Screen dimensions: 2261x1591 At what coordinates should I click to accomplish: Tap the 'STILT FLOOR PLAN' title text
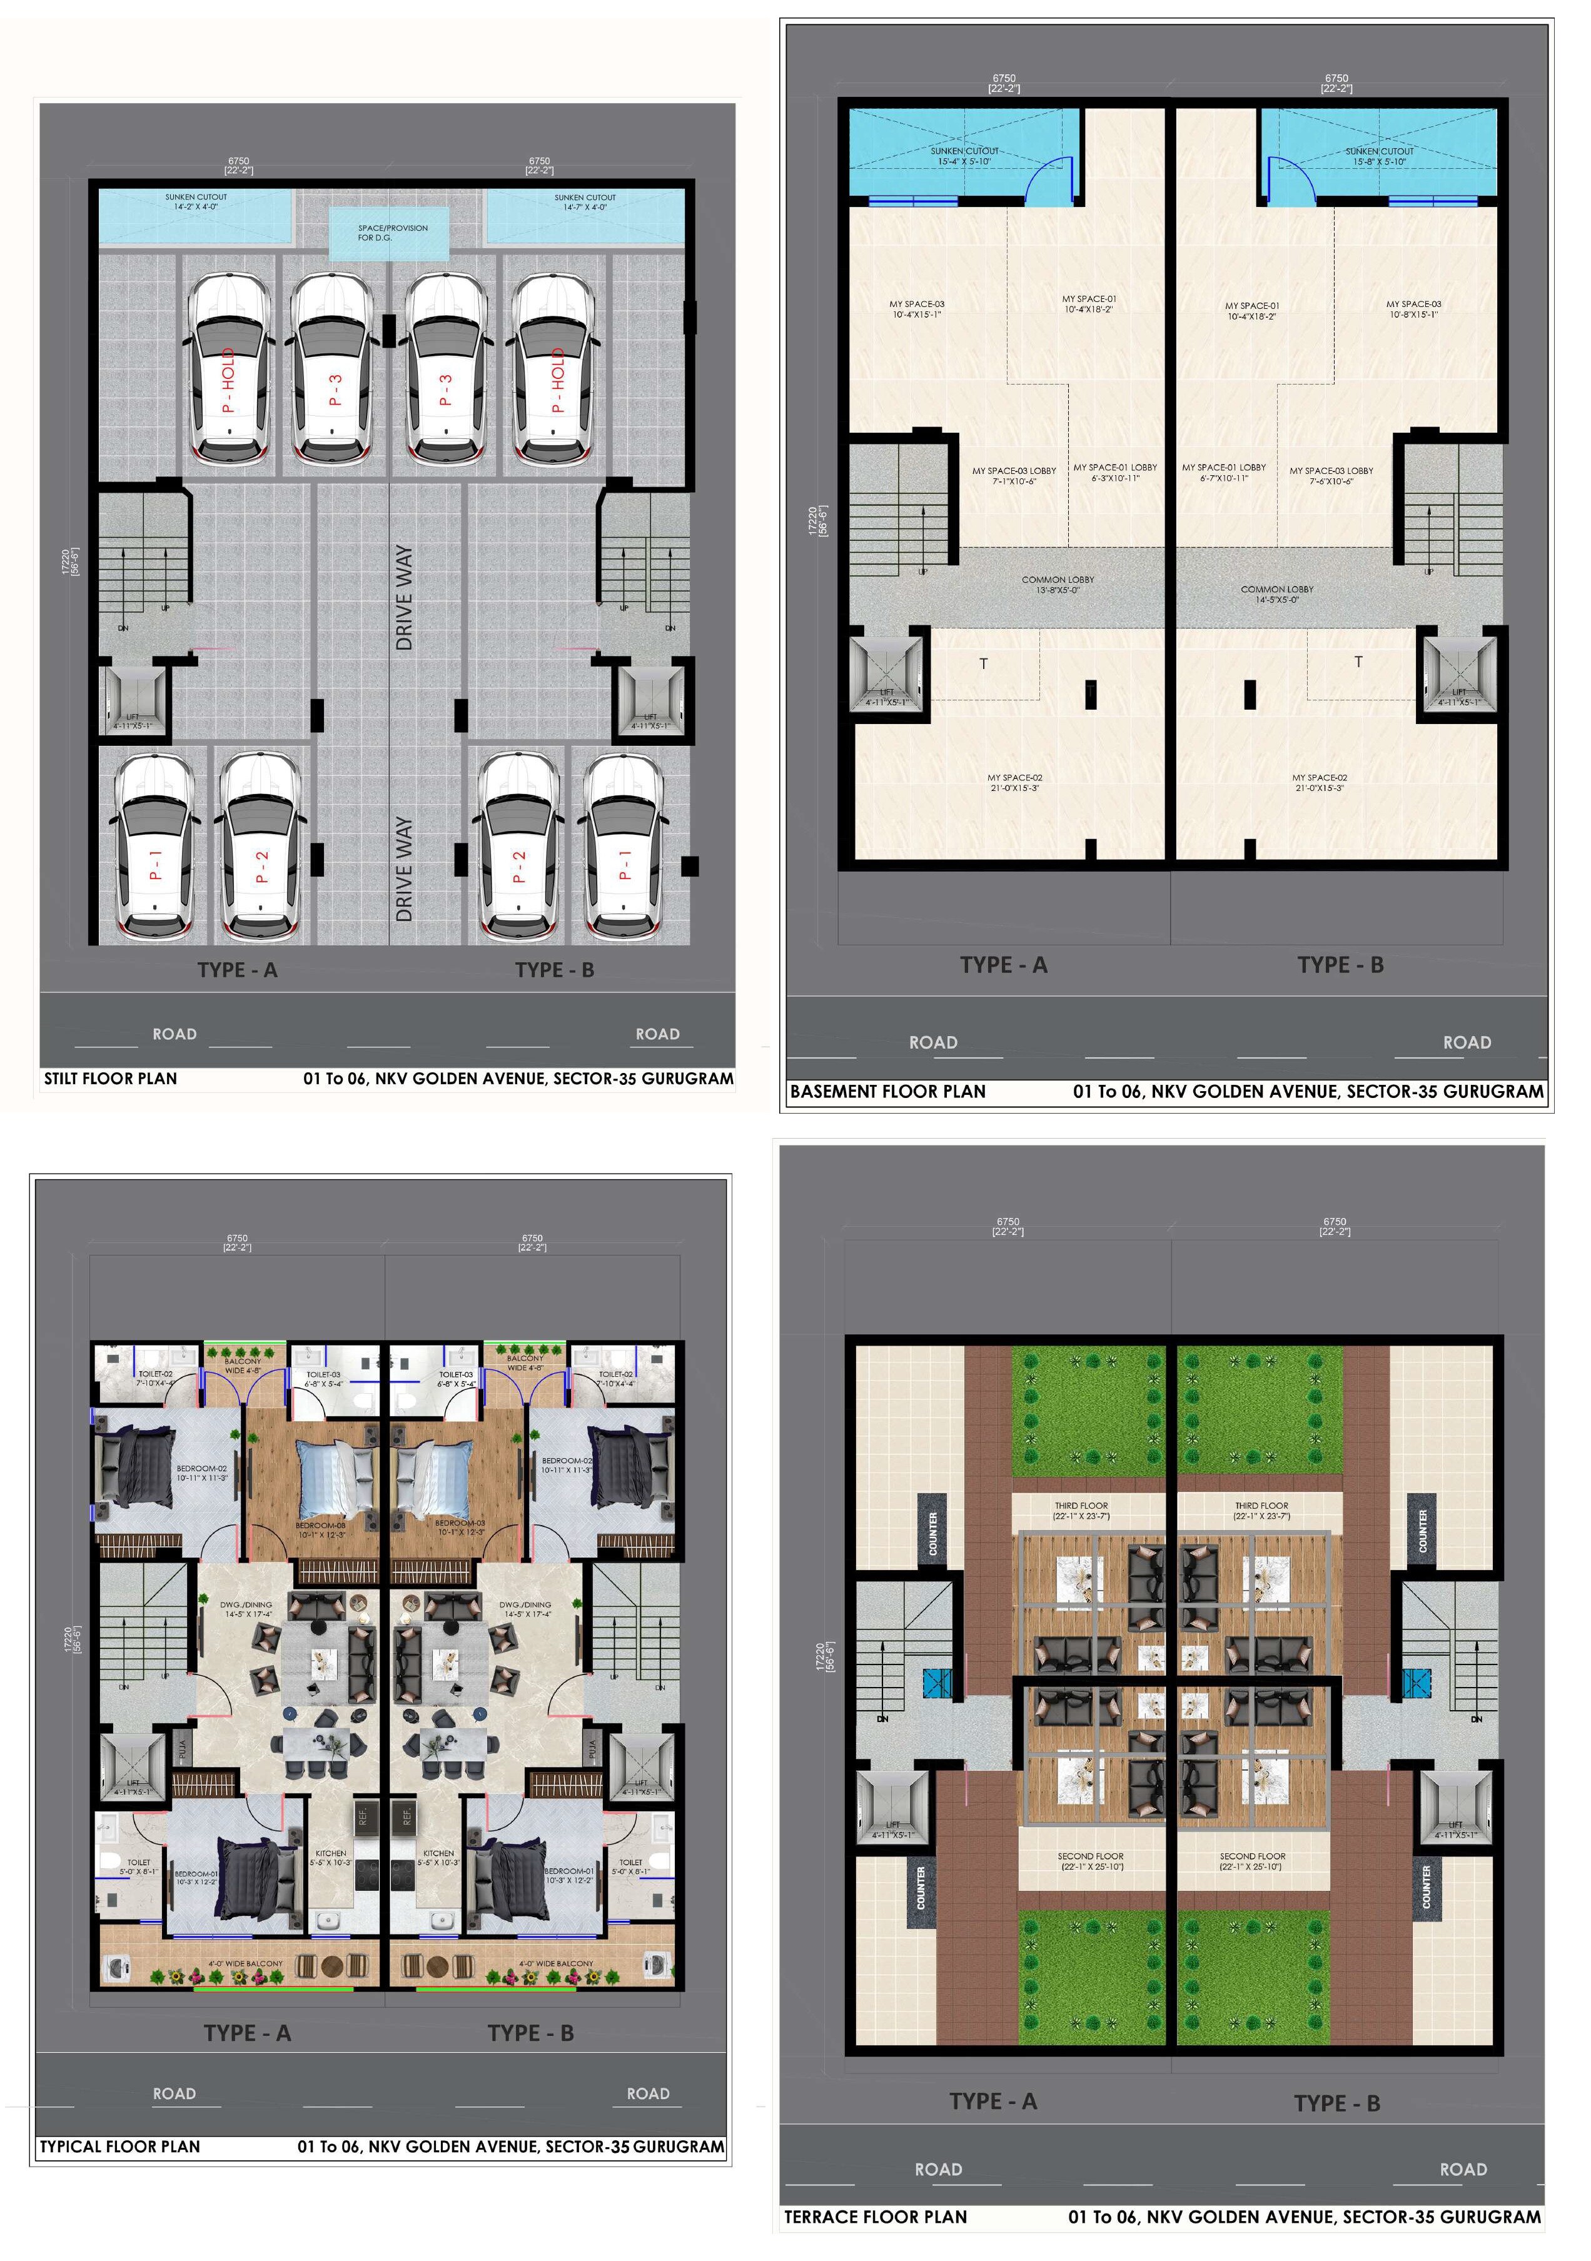[110, 1079]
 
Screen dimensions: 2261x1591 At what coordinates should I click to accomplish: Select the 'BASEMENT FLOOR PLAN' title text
[887, 1091]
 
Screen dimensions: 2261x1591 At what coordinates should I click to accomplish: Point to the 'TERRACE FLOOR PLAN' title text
[875, 2217]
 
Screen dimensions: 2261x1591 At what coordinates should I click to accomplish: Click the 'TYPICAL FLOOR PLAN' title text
[119, 2146]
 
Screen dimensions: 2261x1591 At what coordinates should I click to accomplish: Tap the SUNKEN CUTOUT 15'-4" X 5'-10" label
[964, 156]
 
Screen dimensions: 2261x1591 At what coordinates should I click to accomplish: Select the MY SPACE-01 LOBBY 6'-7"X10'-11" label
[1223, 473]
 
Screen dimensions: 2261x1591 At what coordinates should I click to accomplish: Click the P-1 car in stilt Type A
[154, 847]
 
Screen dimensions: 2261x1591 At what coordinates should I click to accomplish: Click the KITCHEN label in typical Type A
[330, 1857]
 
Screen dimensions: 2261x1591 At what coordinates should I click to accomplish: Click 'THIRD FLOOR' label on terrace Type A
[1081, 1511]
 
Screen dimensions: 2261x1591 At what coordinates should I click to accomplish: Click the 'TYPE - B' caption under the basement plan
[1340, 965]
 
